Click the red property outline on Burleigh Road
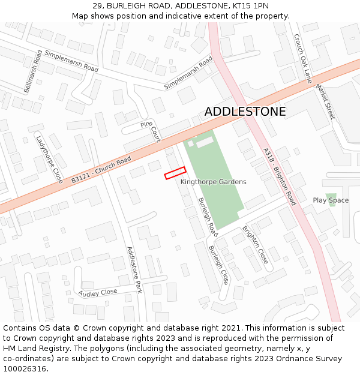tap(175, 173)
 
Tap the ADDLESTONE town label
tap(245, 112)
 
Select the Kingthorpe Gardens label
tap(213, 182)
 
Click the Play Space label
tap(331, 200)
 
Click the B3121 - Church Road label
tap(101, 170)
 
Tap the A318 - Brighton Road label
tap(280, 176)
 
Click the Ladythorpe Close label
tap(49, 159)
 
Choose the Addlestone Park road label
tap(134, 269)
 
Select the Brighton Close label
tap(255, 245)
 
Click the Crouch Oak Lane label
tap(303, 58)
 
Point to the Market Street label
tap(326, 101)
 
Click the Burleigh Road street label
tap(208, 216)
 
